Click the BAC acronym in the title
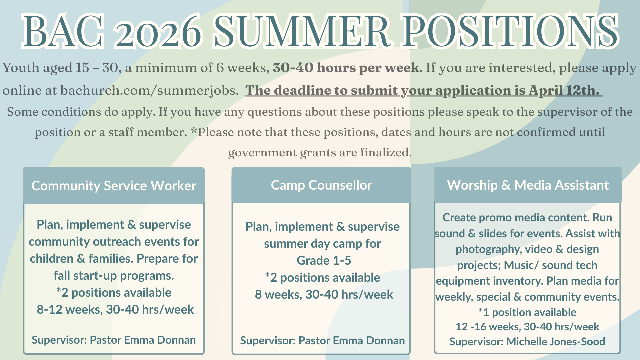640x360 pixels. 63,31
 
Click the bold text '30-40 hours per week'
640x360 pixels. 346,68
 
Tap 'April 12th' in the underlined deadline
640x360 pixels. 563,90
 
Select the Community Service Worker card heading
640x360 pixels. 114,186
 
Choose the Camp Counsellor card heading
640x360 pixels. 321,185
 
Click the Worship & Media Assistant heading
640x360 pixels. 528,185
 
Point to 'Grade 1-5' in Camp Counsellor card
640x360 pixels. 324,260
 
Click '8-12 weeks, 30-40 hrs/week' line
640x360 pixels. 115,310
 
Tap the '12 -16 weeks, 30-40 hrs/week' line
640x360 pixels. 527,327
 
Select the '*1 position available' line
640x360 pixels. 527,312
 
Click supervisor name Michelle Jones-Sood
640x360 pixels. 556,342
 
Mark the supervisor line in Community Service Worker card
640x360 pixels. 114,340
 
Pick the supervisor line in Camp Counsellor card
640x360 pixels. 322,341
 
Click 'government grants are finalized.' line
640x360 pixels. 320,153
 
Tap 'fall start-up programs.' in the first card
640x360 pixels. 114,276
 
